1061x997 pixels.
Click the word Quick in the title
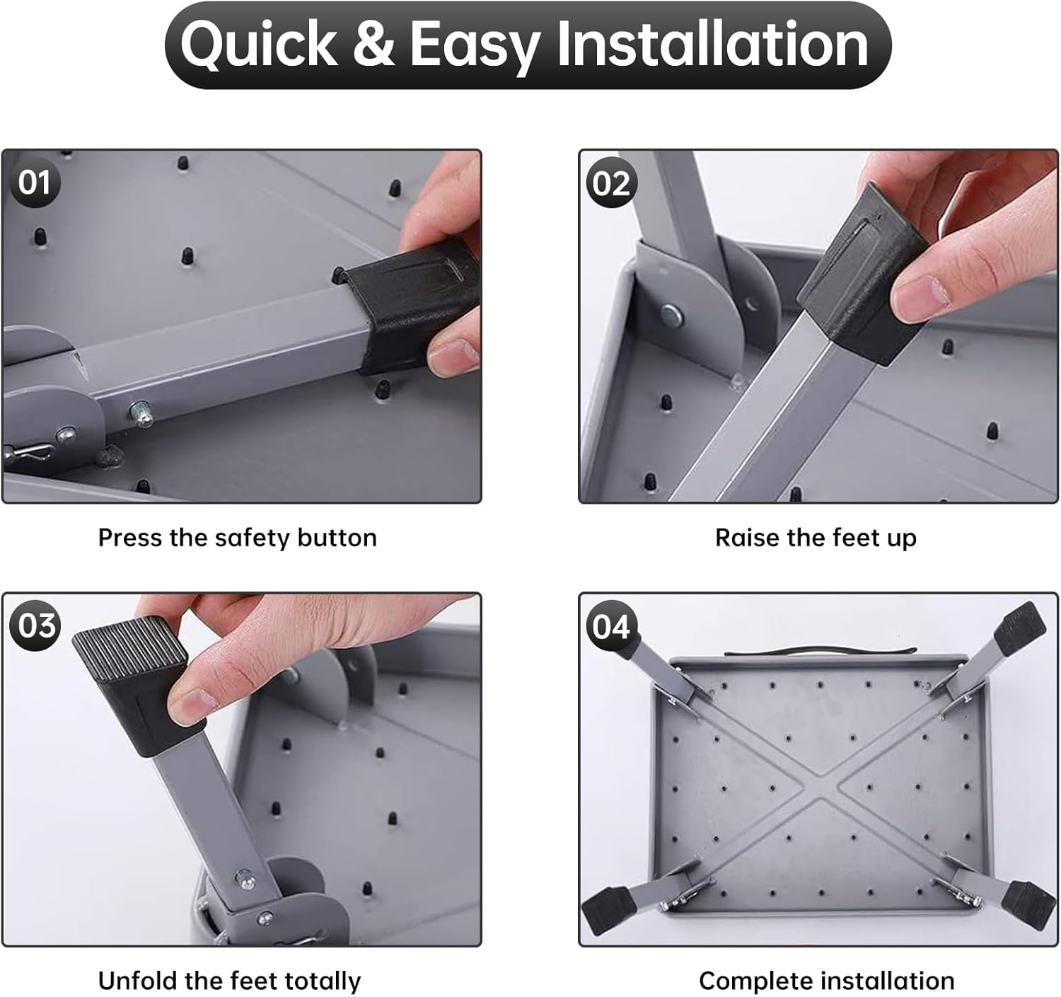tap(259, 45)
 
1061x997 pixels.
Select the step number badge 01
tap(35, 183)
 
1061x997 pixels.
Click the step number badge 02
tap(611, 183)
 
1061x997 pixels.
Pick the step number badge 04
tap(611, 625)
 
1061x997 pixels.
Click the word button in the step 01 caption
tap(337, 537)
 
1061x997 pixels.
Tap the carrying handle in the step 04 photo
tap(821, 650)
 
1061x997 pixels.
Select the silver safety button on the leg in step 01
tap(141, 413)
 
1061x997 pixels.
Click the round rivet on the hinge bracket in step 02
tap(671, 315)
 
